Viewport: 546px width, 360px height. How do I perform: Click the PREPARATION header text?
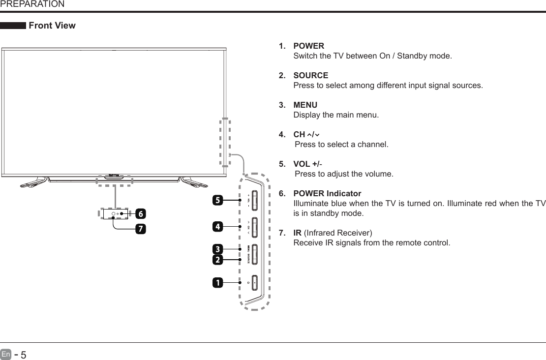(32, 4)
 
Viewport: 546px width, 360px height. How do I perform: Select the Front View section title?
(52, 26)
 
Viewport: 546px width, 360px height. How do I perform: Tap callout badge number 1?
(216, 283)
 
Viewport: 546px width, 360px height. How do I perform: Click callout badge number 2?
(216, 259)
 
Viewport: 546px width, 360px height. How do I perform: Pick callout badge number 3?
(216, 248)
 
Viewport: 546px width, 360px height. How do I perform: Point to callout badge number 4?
(216, 227)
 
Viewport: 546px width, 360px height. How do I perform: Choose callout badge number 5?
(216, 200)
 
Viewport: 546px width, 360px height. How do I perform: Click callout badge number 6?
(140, 214)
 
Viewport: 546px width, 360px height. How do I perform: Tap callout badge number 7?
(140, 229)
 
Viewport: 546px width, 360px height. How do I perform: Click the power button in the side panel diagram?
(255, 283)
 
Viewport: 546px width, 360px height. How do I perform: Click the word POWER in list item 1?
(308, 46)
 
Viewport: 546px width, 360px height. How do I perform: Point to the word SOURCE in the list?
(310, 76)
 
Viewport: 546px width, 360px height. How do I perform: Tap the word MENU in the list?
(305, 105)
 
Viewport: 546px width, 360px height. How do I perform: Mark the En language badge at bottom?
(5, 354)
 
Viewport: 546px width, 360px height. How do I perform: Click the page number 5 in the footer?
(23, 355)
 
